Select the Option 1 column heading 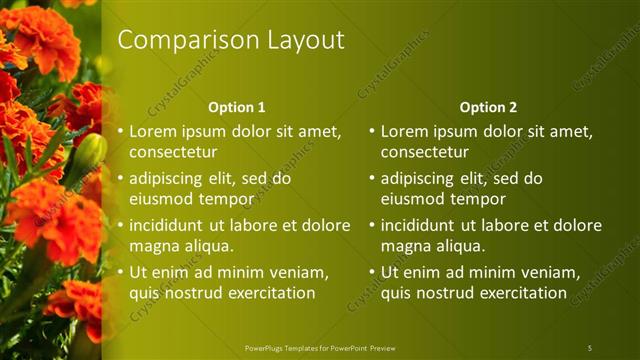coord(237,107)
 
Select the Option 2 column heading coord(489,107)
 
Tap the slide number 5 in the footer coord(590,348)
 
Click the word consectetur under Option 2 coord(425,152)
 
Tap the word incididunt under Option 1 coord(168,226)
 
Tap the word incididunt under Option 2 coord(420,226)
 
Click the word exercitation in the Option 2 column coord(520,293)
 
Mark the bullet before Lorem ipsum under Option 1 coord(120,132)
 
